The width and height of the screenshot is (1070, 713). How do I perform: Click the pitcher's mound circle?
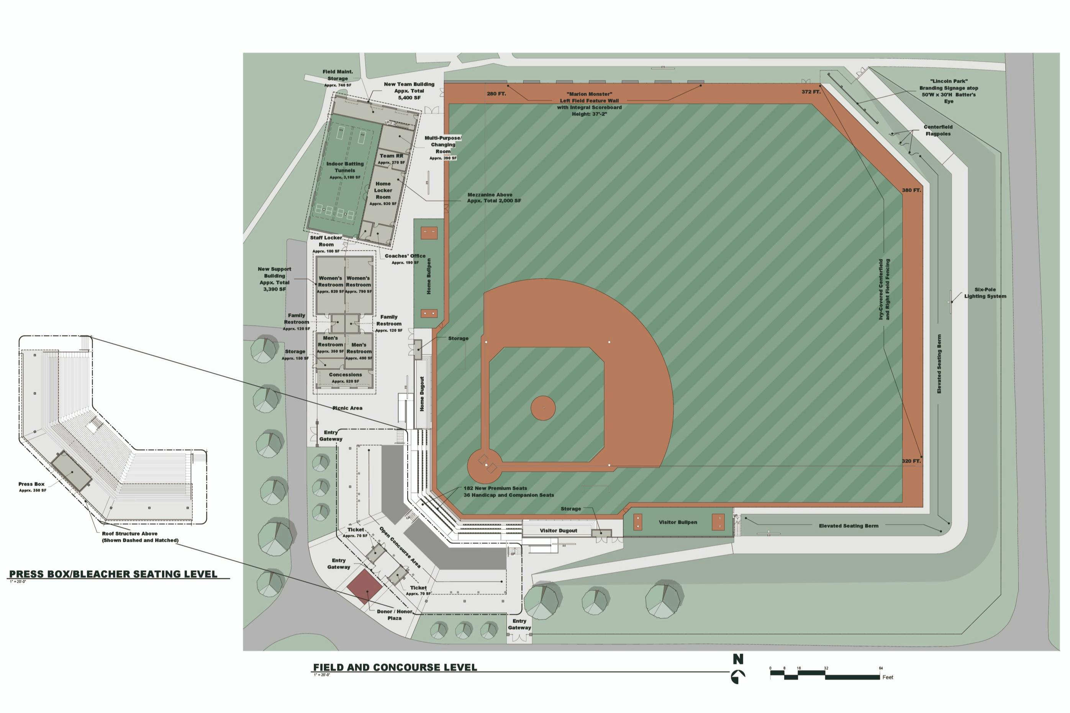click(x=543, y=408)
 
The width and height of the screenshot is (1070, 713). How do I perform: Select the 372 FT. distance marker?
click(x=811, y=92)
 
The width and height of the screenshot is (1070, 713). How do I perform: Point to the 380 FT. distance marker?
click(x=911, y=190)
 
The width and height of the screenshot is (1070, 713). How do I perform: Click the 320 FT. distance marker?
click(x=911, y=461)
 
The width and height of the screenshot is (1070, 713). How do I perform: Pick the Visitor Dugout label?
click(x=558, y=531)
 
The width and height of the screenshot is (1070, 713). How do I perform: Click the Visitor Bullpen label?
click(x=677, y=522)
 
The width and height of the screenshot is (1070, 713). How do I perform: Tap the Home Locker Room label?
click(x=383, y=191)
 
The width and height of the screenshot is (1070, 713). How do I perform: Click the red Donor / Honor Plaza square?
click(x=364, y=587)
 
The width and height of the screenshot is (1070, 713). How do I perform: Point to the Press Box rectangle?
click(x=71, y=471)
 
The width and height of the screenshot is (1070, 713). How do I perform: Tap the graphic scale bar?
click(x=824, y=677)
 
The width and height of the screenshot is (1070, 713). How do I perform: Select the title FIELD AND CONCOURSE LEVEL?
click(x=395, y=667)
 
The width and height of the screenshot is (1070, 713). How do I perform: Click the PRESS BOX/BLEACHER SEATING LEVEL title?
click(x=113, y=574)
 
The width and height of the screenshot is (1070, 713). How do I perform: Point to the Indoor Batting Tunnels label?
click(x=345, y=167)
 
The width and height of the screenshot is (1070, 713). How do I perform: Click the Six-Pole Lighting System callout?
click(x=985, y=293)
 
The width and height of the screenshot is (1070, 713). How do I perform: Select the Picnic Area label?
click(x=347, y=408)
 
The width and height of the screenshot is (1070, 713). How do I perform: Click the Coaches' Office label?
click(x=405, y=257)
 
